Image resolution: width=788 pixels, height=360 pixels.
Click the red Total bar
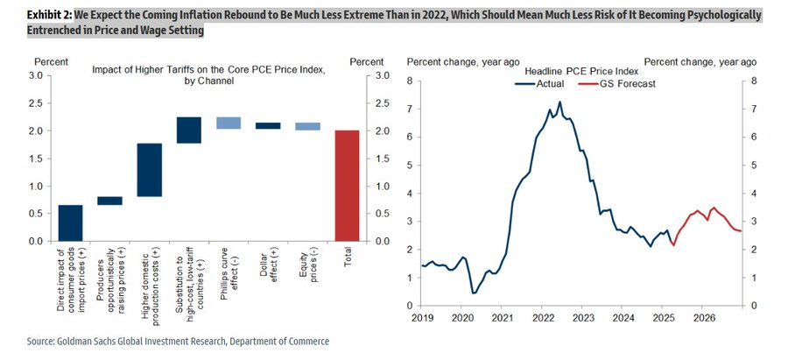coord(348,185)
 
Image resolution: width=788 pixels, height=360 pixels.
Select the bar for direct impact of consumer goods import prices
coord(70,222)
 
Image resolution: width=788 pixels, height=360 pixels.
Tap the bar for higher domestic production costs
coord(149,170)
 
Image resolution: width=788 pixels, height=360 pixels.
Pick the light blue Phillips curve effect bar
coord(229,123)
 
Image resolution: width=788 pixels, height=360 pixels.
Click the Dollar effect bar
coord(268,126)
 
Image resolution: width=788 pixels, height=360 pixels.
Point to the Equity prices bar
coord(307,126)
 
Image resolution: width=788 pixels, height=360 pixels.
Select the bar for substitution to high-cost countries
coord(188,130)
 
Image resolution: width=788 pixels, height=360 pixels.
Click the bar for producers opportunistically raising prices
coord(109,201)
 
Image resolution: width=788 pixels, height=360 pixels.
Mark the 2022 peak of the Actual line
coord(559,102)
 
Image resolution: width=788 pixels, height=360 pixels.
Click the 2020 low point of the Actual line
coord(473,293)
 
